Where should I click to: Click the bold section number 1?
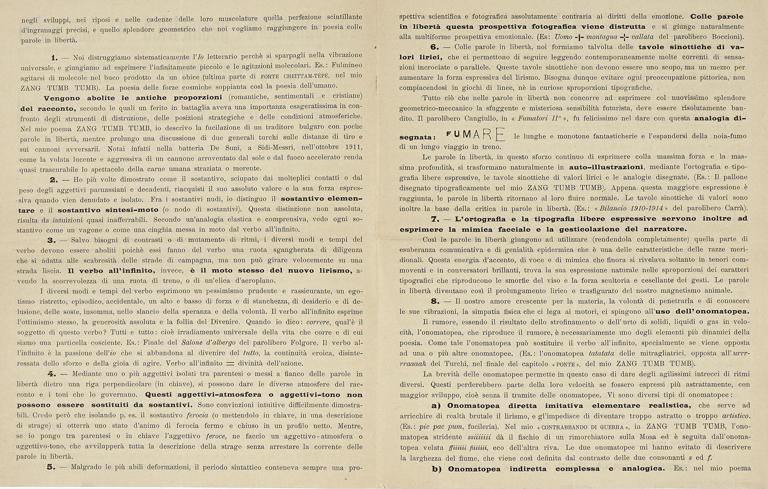point(54,58)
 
